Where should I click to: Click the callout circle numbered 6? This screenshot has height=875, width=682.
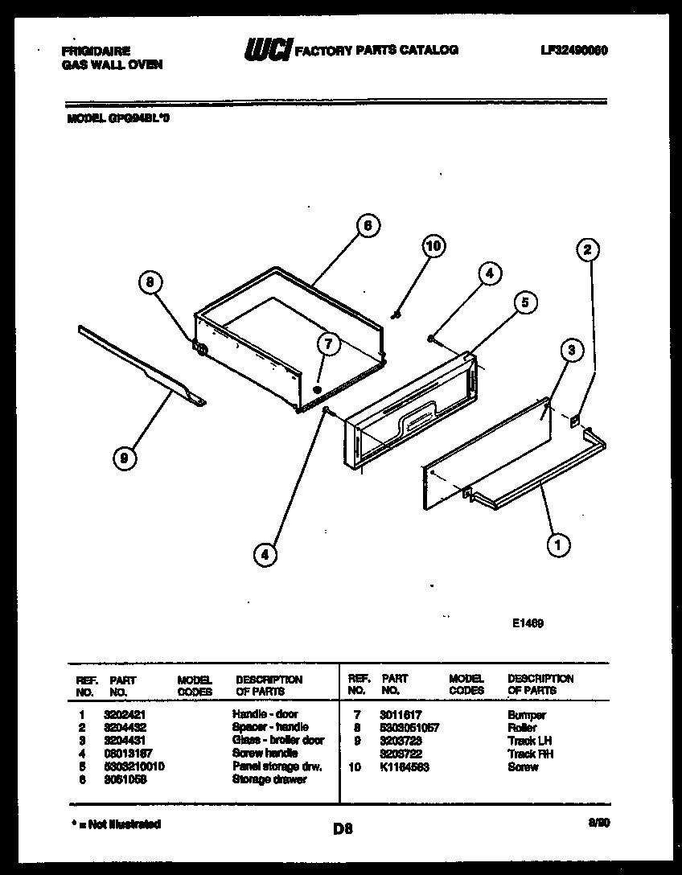[367, 226]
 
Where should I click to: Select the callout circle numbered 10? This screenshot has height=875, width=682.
[433, 246]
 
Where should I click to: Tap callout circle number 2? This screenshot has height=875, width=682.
[587, 250]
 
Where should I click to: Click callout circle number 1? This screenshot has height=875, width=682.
[558, 546]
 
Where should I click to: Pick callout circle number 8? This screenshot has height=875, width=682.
[149, 282]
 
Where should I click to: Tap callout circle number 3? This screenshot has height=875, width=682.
[570, 350]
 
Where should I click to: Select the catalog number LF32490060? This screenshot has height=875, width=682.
[574, 50]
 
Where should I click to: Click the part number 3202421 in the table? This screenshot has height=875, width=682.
[124, 714]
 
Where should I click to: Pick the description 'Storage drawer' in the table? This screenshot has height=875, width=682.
[269, 779]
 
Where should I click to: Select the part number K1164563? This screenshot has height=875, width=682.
[405, 767]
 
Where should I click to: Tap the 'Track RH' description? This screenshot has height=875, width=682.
[530, 754]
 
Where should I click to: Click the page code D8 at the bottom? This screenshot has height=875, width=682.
[342, 828]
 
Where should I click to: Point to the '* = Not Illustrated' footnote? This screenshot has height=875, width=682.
[112, 824]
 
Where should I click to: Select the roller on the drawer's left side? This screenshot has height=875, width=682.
[200, 350]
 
